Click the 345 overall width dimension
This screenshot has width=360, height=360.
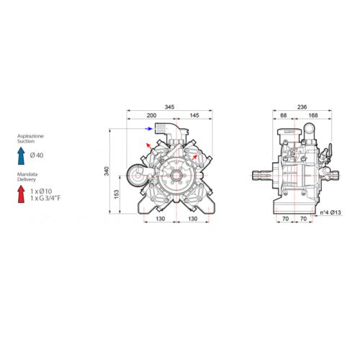click(169, 107)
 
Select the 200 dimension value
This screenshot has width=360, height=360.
click(151, 115)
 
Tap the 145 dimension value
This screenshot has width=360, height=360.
click(194, 115)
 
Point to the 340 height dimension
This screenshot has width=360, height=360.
click(107, 171)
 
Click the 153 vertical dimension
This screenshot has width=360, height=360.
click(117, 194)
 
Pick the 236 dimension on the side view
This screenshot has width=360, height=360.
click(302, 107)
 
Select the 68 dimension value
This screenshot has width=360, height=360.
click(284, 115)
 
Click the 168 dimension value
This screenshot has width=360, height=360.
click(313, 115)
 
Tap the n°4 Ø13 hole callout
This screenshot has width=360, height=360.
click(330, 212)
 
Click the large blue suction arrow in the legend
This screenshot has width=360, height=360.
click(21, 156)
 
